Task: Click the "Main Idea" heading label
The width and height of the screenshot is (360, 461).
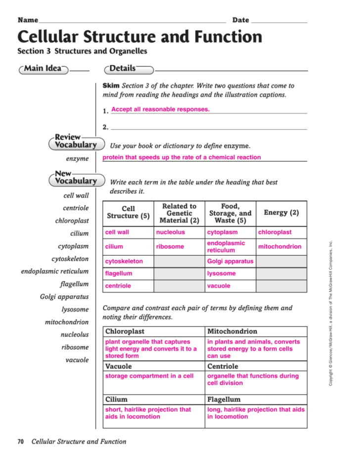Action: point(43,69)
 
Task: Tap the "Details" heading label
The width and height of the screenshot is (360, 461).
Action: point(123,69)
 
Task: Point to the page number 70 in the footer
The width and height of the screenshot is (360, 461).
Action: point(21,442)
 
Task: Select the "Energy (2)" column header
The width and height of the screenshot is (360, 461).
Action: point(281,213)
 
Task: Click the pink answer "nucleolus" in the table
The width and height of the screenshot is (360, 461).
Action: point(171,232)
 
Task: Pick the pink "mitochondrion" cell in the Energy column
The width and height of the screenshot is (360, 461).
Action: point(279,246)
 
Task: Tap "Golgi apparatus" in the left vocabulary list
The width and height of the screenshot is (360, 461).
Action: point(64,297)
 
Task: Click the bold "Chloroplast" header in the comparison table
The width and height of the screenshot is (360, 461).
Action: point(125,331)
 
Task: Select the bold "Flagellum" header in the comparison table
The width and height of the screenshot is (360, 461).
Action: point(224,399)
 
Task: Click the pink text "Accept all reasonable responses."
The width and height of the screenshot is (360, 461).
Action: point(160,109)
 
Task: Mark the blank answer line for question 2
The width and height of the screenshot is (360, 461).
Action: point(208,128)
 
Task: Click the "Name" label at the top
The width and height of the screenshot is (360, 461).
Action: point(28,20)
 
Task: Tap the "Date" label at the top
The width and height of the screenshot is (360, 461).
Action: point(240,20)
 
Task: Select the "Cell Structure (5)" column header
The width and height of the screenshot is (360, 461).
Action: point(128,213)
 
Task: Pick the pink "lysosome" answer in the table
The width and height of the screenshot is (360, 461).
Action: point(222,274)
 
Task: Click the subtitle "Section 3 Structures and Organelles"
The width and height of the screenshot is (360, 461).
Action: point(82,51)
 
